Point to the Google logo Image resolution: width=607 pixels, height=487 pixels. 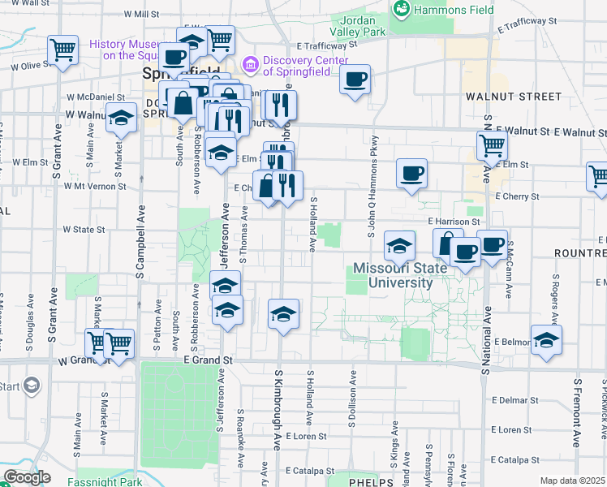tap(26, 477)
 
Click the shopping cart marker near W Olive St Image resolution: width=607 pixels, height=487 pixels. tap(62, 50)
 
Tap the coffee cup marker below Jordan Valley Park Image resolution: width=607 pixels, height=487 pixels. tap(355, 80)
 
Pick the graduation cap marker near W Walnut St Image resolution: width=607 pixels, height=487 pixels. tap(121, 119)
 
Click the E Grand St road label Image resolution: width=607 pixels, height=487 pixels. tap(208, 360)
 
